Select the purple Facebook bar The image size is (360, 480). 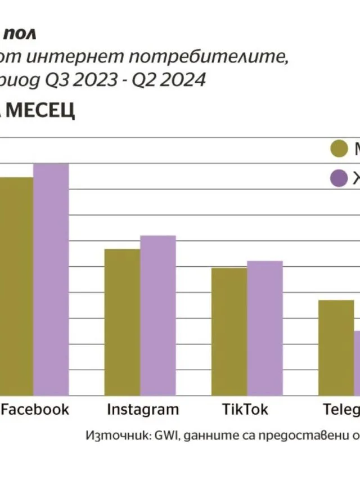click(x=51, y=279)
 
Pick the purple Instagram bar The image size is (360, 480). click(x=157, y=315)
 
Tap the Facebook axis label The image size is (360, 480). click(x=35, y=409)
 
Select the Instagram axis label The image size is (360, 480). click(x=142, y=409)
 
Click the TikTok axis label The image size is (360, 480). click(x=245, y=409)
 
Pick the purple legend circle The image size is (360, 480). click(x=339, y=179)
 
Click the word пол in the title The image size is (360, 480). click(x=21, y=34)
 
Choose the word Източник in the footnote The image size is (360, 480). click(x=112, y=436)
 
